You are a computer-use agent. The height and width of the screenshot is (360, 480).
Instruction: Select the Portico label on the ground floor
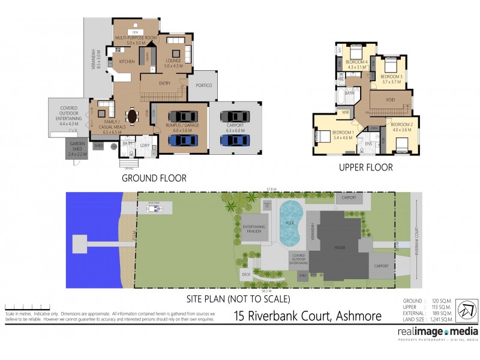204,86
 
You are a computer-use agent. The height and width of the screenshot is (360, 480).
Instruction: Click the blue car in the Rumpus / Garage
182,140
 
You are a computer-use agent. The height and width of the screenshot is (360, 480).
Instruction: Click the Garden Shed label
78,149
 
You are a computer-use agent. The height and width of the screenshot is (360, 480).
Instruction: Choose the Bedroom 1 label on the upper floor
326,134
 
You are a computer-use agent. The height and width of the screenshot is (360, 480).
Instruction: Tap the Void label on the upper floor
390,100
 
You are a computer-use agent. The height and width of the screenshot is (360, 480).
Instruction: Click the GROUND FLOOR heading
154,178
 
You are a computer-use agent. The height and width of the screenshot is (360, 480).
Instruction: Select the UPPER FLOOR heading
366,167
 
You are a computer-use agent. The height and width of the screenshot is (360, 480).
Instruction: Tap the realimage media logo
437,332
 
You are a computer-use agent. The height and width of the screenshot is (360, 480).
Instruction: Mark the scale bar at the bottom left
18,307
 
